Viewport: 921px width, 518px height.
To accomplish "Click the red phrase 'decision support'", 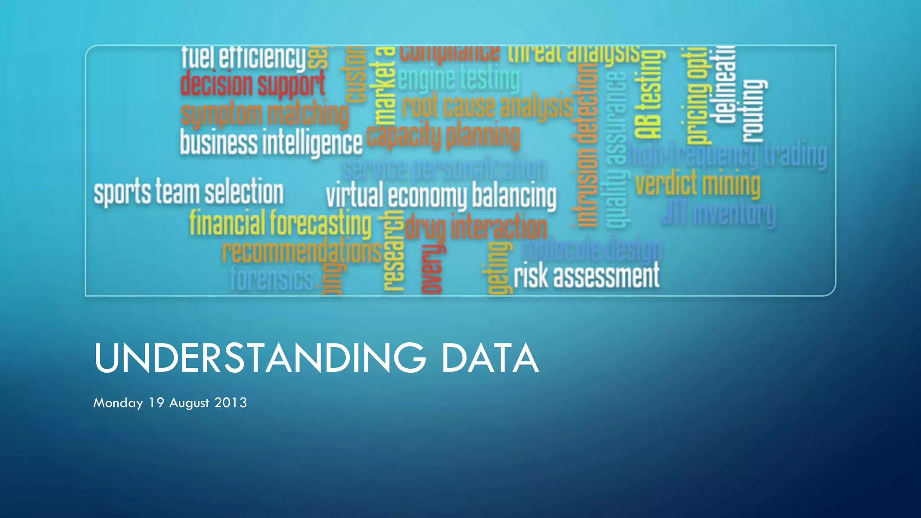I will click(x=252, y=84).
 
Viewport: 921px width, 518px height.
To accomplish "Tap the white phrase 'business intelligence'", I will click(x=271, y=143).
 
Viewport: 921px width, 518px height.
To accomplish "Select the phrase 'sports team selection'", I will click(x=188, y=192).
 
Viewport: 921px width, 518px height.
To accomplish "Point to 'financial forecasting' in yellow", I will click(x=280, y=223).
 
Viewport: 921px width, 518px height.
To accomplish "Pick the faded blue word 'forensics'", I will click(x=272, y=278).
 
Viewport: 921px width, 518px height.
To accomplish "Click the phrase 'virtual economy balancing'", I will click(x=441, y=196).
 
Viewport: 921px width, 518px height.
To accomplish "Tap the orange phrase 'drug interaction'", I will click(x=476, y=227).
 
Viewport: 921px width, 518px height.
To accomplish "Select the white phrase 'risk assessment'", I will click(x=586, y=276).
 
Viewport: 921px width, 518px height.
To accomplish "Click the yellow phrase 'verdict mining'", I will click(x=697, y=184).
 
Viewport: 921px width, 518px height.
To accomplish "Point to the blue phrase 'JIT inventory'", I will click(x=719, y=213).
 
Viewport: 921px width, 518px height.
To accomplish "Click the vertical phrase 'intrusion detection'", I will click(x=585, y=144).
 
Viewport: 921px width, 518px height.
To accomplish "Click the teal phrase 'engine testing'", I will click(x=458, y=79).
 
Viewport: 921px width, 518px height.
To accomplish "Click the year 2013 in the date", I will click(x=230, y=402).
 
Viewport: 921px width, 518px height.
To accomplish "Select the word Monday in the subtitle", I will click(x=118, y=403).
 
